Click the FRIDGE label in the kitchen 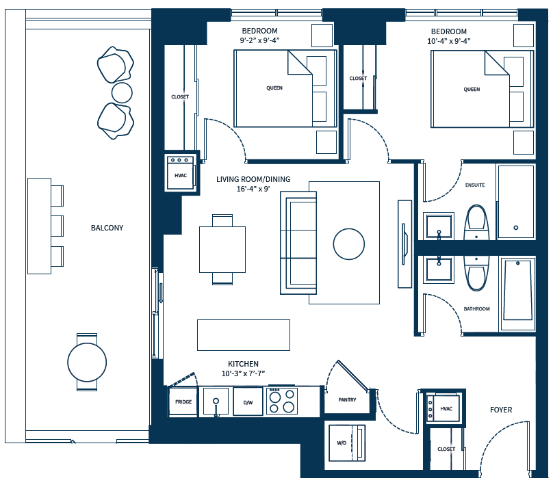[183, 402]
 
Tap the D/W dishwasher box [248, 402]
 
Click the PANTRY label [347, 399]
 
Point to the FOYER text [501, 410]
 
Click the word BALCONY [107, 228]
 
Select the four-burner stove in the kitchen [282, 402]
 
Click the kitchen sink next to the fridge [216, 401]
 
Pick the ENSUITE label [475, 185]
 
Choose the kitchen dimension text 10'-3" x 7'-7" [243, 373]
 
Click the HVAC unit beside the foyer [445, 408]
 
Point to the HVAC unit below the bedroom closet [181, 174]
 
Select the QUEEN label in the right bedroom [472, 89]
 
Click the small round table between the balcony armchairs [122, 92]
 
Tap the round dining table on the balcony [87, 362]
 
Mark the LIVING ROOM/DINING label [253, 179]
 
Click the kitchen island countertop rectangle [243, 334]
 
